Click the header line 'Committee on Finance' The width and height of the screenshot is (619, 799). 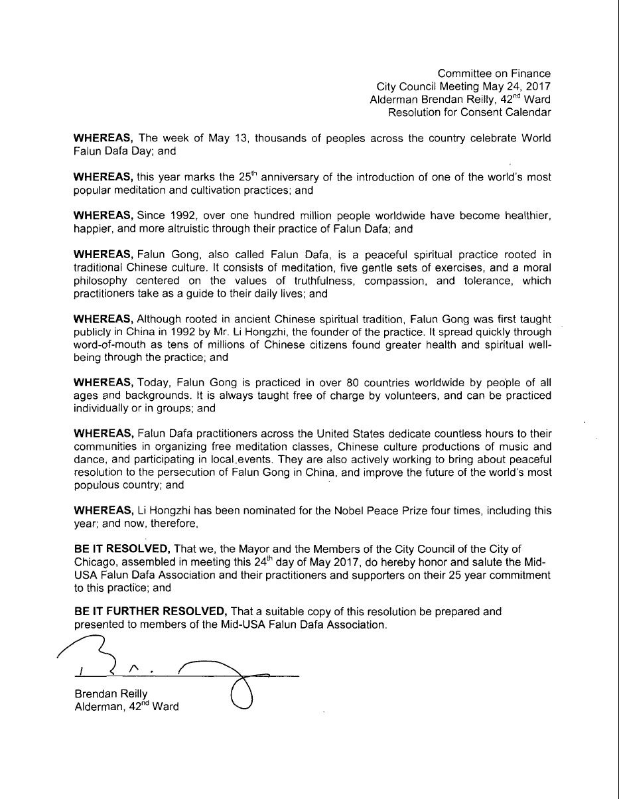pos(494,74)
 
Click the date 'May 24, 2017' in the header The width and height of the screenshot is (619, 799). pos(519,86)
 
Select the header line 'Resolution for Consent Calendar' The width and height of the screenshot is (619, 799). pos(469,112)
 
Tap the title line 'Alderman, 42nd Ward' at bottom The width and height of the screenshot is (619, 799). pos(127,707)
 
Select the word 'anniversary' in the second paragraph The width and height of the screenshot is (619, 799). pos(284,178)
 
